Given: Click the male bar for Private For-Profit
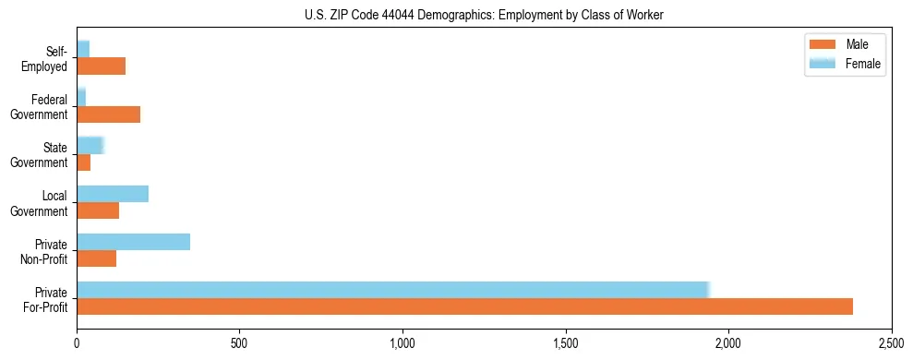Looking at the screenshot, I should [x=464, y=306].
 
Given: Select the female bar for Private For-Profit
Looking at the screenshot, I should [x=392, y=289].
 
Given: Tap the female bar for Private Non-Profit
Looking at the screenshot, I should [x=133, y=241].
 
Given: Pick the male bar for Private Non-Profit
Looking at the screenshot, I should [x=96, y=258].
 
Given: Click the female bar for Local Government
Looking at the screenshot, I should [x=113, y=193].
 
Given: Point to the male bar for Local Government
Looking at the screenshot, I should [x=98, y=210].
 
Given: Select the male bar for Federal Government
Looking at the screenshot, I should [x=108, y=114].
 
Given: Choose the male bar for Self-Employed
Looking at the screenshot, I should [x=101, y=66].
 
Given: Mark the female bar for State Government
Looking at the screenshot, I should [x=90, y=145].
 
